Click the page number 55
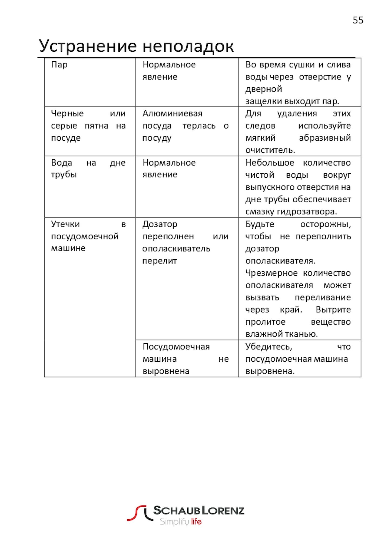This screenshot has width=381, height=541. click(x=358, y=20)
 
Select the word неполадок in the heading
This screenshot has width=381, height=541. click(x=188, y=46)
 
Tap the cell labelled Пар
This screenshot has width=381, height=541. click(x=59, y=65)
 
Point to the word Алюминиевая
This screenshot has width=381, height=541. click(x=172, y=113)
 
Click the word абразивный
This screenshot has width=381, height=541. click(x=325, y=138)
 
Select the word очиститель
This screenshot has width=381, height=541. click(x=270, y=150)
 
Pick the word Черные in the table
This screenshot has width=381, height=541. click(x=67, y=113)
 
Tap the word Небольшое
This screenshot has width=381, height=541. click(x=270, y=163)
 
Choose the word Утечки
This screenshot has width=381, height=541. click(x=65, y=224)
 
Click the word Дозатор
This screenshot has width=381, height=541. click(x=160, y=224)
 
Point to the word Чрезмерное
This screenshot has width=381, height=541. click(x=271, y=273)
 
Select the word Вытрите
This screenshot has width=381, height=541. click(x=333, y=309)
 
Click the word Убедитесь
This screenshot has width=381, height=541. click(x=269, y=347)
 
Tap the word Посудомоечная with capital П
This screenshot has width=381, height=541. click(x=176, y=347)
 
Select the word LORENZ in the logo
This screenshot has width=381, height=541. click(x=223, y=510)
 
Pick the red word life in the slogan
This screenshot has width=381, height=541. click(x=196, y=521)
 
